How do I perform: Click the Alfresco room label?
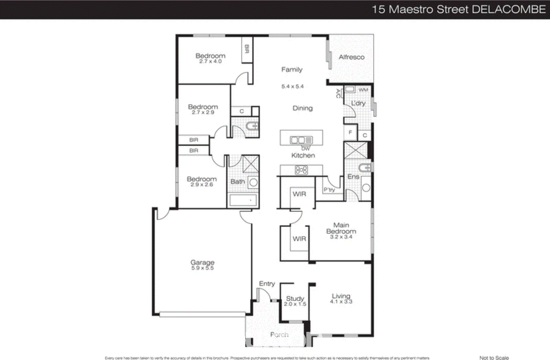[x=351, y=57]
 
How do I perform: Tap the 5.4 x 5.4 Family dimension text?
[x=293, y=87]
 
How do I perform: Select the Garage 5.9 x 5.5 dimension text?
[x=202, y=268]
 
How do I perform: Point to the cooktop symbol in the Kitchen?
[x=301, y=170]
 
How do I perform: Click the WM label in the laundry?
[x=363, y=90]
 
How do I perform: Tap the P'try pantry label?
[x=329, y=189]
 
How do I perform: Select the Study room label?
[x=295, y=298]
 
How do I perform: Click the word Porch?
[x=279, y=335]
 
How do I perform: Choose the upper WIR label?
[x=299, y=194]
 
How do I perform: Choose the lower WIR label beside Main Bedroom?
[x=299, y=239]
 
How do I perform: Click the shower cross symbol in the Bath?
[x=251, y=164]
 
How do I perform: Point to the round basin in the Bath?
[x=253, y=183]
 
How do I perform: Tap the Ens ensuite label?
[x=353, y=177]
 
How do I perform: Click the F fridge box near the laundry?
[x=350, y=132]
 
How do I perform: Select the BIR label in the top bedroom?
[x=246, y=49]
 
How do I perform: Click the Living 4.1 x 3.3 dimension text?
[x=341, y=302]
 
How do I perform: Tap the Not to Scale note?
[x=494, y=358]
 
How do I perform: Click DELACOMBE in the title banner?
[x=508, y=9]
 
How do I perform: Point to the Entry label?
[x=267, y=283]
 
